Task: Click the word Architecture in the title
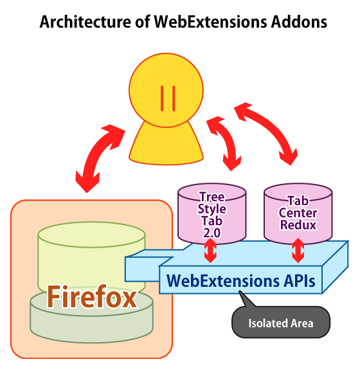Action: click(x=85, y=22)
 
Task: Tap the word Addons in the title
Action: click(x=299, y=22)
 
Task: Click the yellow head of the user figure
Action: click(x=166, y=90)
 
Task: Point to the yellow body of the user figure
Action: click(x=166, y=145)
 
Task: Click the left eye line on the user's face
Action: click(x=162, y=98)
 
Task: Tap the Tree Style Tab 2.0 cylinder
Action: click(x=212, y=214)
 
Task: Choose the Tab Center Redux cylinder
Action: click(x=298, y=214)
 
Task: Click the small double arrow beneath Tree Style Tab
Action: click(x=210, y=250)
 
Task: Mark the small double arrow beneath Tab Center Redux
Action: click(x=298, y=250)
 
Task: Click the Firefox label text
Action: click(x=92, y=296)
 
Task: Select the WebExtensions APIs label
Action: click(x=240, y=280)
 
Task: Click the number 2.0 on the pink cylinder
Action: click(x=212, y=233)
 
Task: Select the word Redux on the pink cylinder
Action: click(x=298, y=225)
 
